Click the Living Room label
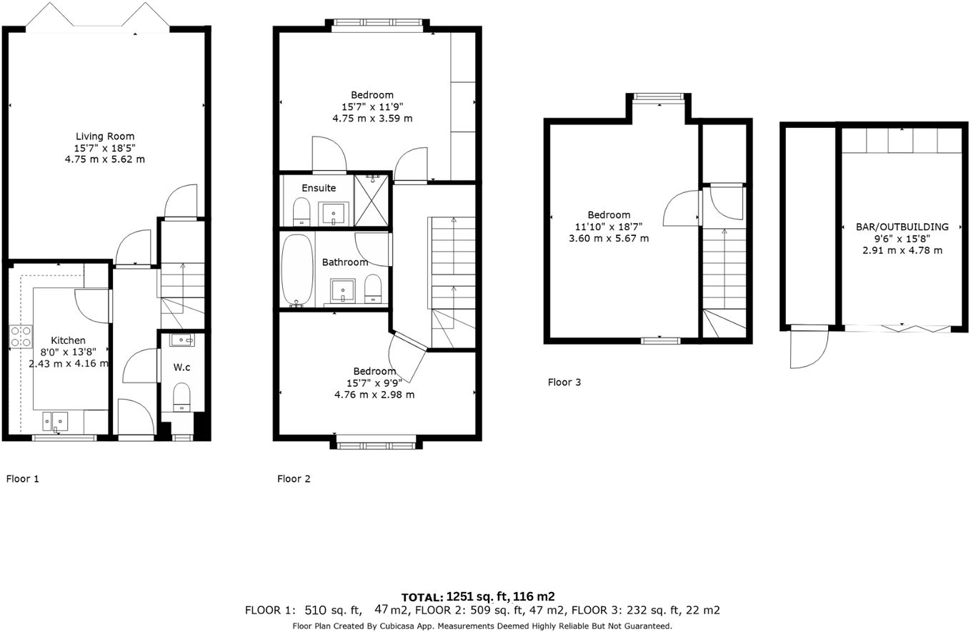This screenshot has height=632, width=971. tap(105, 136)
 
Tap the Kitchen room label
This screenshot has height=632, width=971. tap(68, 340)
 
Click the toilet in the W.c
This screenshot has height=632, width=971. tap(181, 397)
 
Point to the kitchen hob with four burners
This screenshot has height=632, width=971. tap(20, 336)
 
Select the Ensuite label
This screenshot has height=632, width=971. tap(319, 188)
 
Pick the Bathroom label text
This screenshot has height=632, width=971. tap(344, 262)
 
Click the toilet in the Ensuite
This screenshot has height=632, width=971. tap(302, 212)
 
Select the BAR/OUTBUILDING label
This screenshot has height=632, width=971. tap(902, 227)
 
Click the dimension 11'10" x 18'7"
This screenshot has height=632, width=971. tap(609, 227)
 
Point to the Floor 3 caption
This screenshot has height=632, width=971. tap(564, 382)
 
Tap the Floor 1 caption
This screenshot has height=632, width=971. tap(22, 479)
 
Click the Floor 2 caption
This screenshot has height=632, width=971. tap(294, 479)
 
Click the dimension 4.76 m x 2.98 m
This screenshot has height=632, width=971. tap(374, 395)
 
